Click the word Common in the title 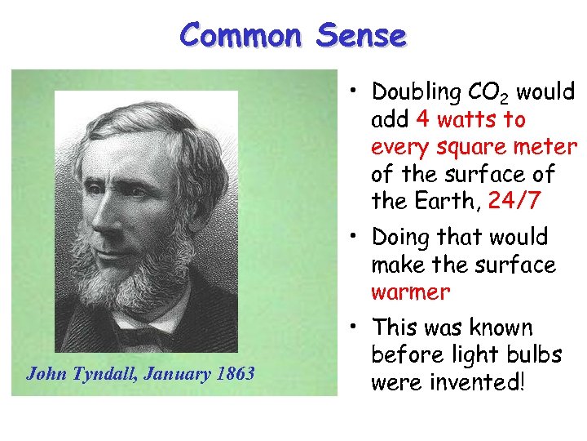pos(241,35)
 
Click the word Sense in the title pos(360,35)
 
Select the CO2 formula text pos(488,92)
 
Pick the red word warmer pos(410,292)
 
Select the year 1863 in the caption pos(236,374)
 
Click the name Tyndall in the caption pos(101,374)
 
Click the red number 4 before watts pos(423,120)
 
